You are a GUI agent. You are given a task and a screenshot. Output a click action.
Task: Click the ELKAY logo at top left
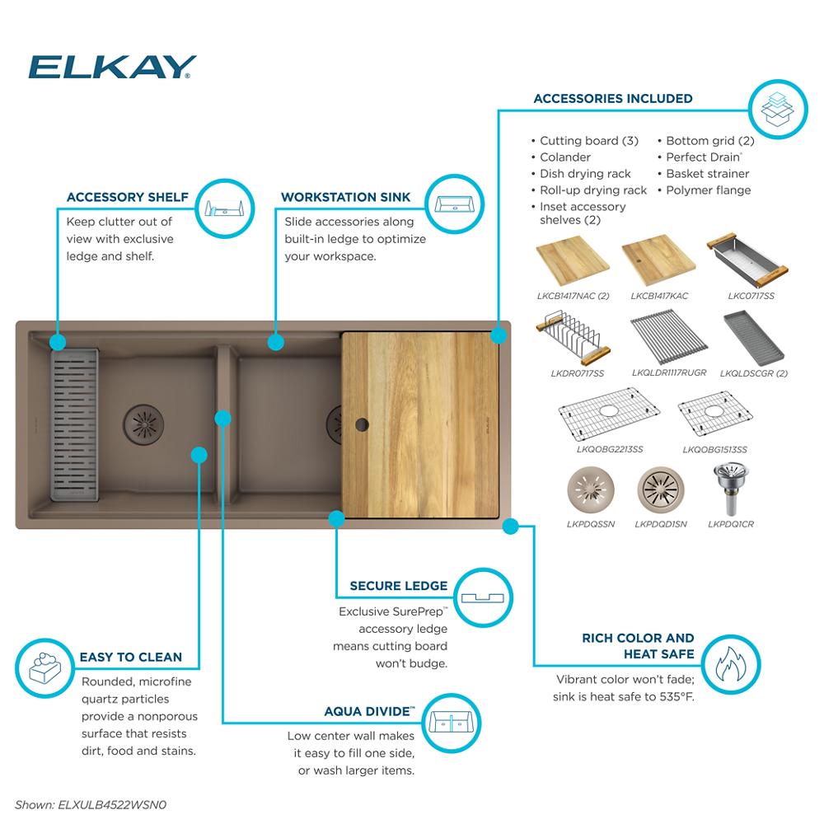point(112,67)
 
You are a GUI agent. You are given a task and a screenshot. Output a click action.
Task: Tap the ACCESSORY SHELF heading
point(127,197)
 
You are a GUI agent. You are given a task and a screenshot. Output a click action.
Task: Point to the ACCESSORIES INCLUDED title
point(612,98)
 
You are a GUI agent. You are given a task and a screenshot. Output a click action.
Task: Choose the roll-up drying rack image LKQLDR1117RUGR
point(668,337)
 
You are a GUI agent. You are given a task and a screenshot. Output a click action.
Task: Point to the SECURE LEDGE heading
point(398,586)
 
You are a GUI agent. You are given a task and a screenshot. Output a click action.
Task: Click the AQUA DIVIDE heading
point(368,711)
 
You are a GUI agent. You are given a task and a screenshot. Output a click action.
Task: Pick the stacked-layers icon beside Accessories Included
point(777,108)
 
